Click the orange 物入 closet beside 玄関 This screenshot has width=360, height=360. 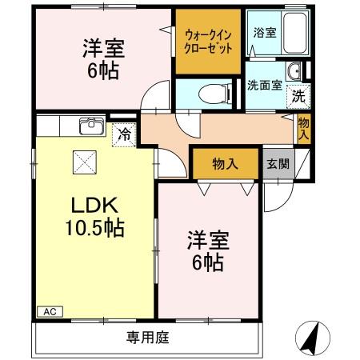point(226,163)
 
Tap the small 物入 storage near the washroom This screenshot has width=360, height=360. point(304,128)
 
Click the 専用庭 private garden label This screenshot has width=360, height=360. point(148,337)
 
